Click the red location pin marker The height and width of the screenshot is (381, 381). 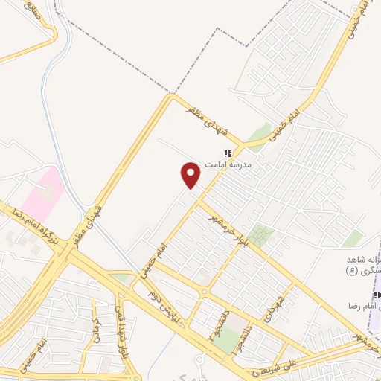(x=191, y=176)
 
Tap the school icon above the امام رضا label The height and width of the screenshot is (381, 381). (x=377, y=295)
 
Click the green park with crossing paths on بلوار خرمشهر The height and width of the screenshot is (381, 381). (x=260, y=235)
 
